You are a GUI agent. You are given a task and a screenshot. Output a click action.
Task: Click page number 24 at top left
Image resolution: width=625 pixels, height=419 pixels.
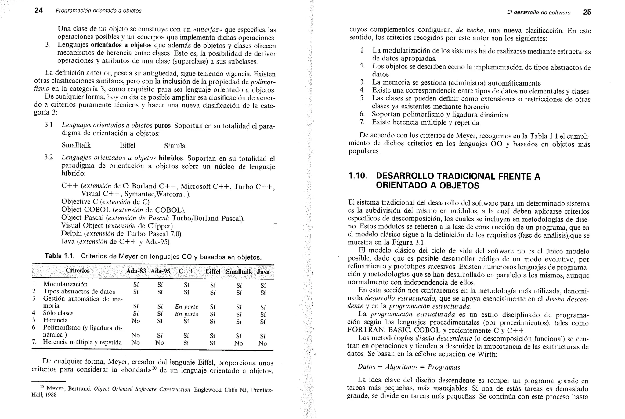tap(38, 10)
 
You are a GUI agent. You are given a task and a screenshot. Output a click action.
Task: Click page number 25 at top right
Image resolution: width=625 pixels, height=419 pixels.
tap(587, 12)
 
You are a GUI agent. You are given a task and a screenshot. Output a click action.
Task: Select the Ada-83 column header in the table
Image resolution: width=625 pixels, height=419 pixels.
tap(136, 271)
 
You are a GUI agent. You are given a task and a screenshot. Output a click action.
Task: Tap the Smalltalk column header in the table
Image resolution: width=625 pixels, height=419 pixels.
tap(239, 272)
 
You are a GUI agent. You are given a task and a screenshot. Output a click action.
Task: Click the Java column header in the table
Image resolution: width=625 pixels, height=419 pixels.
tap(263, 272)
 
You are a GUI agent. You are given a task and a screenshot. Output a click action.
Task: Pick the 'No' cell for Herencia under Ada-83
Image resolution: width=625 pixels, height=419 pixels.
tap(135, 321)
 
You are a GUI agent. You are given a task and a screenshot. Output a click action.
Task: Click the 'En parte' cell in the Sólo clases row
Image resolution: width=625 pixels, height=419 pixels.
tap(186, 314)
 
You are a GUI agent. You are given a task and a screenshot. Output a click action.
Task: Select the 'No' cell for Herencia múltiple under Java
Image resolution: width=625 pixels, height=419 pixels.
tap(262, 343)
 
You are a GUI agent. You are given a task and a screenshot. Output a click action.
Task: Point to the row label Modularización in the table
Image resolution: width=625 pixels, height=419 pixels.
tap(65, 284)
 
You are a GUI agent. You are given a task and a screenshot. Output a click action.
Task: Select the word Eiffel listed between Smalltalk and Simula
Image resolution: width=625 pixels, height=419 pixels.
tap(128, 145)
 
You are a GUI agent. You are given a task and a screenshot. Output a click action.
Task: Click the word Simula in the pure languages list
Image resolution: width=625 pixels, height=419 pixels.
tap(175, 146)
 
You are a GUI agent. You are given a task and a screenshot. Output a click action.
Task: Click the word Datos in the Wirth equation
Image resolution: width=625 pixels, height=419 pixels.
tap(366, 367)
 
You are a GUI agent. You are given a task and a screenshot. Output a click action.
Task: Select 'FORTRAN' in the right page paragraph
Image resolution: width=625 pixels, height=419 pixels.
tap(363, 330)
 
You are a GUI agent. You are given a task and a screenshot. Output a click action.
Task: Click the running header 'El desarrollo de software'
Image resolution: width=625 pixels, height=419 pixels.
tap(539, 13)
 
